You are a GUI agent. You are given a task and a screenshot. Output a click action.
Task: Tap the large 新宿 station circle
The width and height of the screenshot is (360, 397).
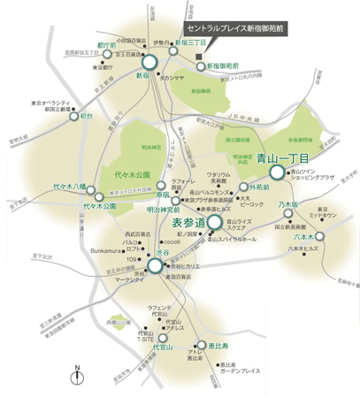(148, 62)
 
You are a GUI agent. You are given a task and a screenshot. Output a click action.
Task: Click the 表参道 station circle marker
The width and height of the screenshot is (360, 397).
(214, 222)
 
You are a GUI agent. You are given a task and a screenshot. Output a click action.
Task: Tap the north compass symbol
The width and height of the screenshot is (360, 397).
(78, 377)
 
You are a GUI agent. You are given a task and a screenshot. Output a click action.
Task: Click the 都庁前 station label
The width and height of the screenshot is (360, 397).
(106, 43)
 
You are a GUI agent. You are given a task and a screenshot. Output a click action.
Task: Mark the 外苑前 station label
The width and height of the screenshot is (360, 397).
(258, 187)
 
